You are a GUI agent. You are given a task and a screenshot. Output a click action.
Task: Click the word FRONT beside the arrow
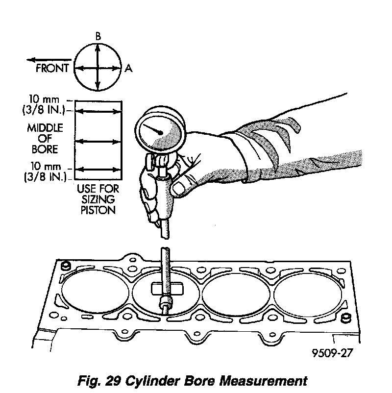tap(52, 68)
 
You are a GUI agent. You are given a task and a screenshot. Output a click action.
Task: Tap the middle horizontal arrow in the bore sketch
tap(98, 141)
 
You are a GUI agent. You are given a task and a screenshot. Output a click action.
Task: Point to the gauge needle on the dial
tap(156, 130)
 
